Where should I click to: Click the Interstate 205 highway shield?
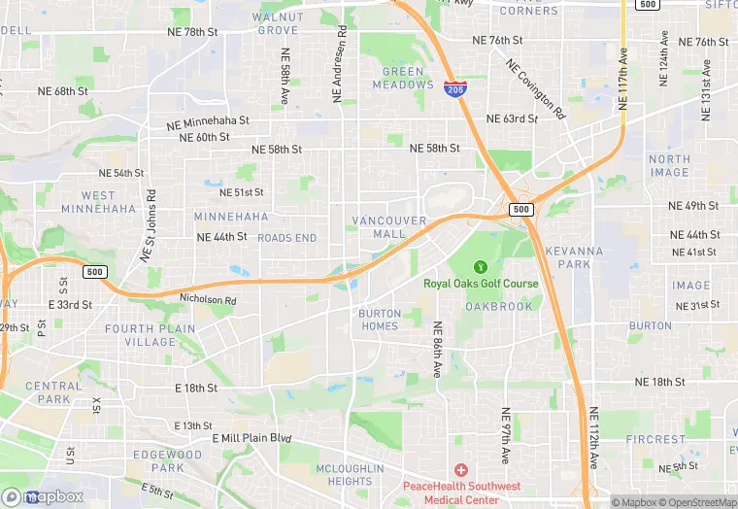[x=453, y=88]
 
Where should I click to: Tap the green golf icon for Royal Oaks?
[x=480, y=266]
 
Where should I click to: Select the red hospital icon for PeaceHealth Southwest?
[x=460, y=469]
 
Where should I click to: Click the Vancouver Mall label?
[x=389, y=227]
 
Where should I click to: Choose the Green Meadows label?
[x=403, y=78]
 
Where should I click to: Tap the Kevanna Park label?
[x=574, y=257]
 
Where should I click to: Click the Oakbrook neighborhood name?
[x=499, y=306]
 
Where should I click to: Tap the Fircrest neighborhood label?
[x=655, y=439]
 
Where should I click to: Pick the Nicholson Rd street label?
[x=208, y=300]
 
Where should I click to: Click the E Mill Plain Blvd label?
[x=252, y=438]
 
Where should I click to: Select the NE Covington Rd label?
[x=535, y=89]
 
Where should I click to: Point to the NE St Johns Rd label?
[x=148, y=224]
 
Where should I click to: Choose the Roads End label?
[x=286, y=238]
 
